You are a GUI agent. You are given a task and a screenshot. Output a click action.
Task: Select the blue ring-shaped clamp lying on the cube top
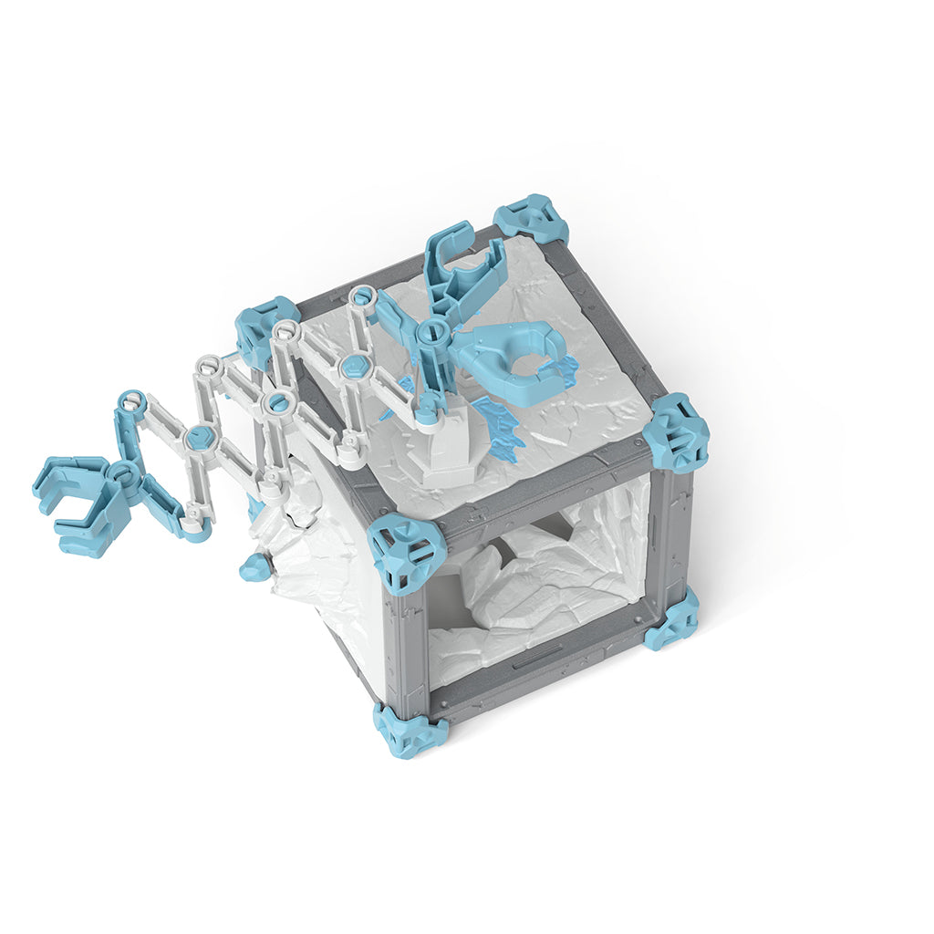[515, 361]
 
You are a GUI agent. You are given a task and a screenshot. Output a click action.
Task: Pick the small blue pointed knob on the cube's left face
[255, 569]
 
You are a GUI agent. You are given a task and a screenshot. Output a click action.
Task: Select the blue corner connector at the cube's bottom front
[410, 729]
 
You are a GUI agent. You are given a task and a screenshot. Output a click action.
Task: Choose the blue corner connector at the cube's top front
[407, 553]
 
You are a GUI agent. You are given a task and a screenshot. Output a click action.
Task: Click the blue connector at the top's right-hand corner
[676, 433]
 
